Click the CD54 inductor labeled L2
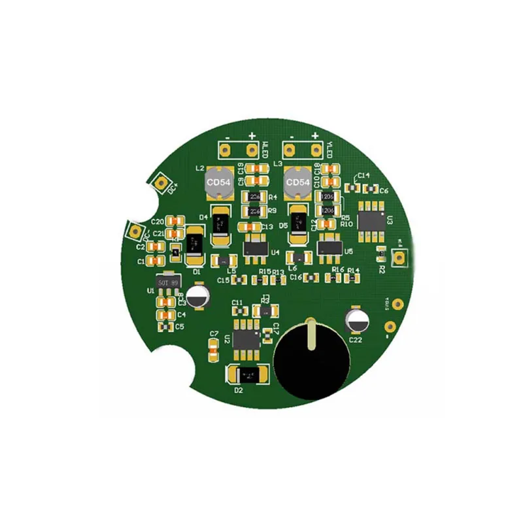coord(218,184)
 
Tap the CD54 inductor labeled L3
coord(297,183)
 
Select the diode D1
coord(194,245)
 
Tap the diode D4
coord(220,228)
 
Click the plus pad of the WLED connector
coord(251,150)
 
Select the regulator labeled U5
coord(329,247)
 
